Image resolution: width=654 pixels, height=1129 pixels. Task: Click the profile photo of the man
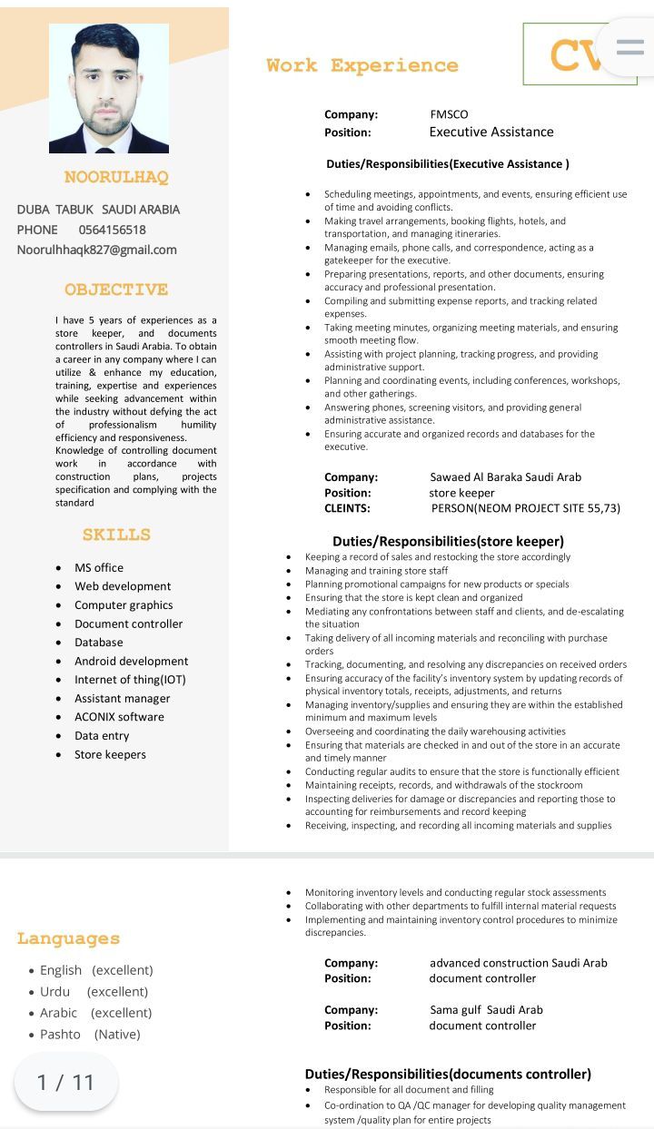(x=108, y=87)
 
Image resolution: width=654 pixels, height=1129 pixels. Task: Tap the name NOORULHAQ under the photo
(x=116, y=177)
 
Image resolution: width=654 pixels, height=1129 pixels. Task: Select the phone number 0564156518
(x=112, y=230)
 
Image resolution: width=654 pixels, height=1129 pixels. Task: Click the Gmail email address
(x=96, y=250)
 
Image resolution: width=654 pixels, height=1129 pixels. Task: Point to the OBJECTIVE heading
(x=116, y=290)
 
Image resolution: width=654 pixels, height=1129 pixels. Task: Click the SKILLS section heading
(x=116, y=535)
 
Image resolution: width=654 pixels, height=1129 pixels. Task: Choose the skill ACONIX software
(x=119, y=717)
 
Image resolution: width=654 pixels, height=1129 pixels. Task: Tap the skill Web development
(x=123, y=586)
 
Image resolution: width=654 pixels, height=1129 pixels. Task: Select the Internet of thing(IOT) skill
(x=130, y=680)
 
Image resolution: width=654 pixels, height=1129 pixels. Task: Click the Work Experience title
(x=362, y=65)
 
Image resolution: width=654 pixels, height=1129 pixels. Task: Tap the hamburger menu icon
(x=629, y=47)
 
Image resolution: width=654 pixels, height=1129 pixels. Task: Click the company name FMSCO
(x=449, y=114)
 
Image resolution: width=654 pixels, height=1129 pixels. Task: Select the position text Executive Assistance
(x=490, y=133)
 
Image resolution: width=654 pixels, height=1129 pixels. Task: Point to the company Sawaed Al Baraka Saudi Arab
(x=505, y=476)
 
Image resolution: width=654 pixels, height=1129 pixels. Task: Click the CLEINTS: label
(x=347, y=508)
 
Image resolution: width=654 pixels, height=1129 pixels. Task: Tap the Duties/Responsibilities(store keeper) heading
(x=448, y=542)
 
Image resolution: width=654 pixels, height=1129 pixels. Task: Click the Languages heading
(x=68, y=938)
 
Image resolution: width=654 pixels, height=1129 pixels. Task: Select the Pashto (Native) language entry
(x=90, y=1035)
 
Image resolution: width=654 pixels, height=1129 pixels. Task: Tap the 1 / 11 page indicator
(x=65, y=1082)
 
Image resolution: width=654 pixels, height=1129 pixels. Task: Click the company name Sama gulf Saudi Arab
(x=486, y=1009)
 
